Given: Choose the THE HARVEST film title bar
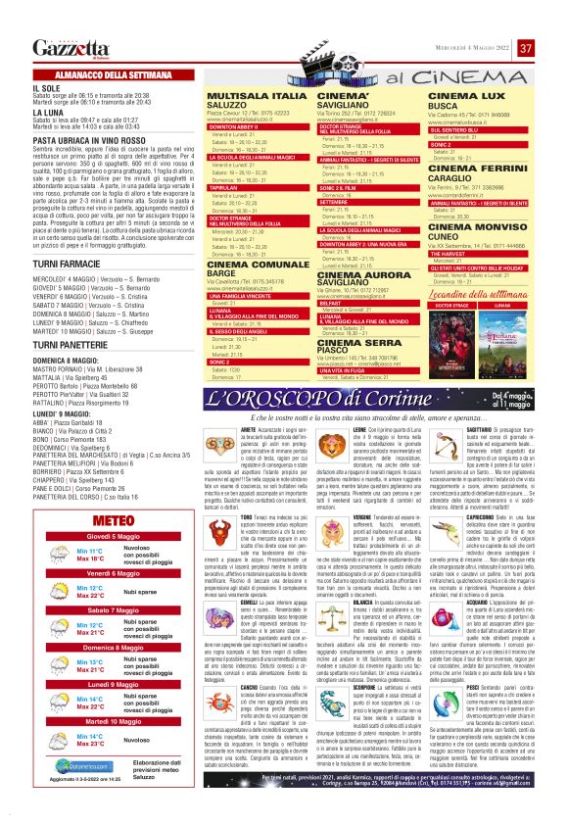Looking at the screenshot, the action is tap(459, 223).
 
